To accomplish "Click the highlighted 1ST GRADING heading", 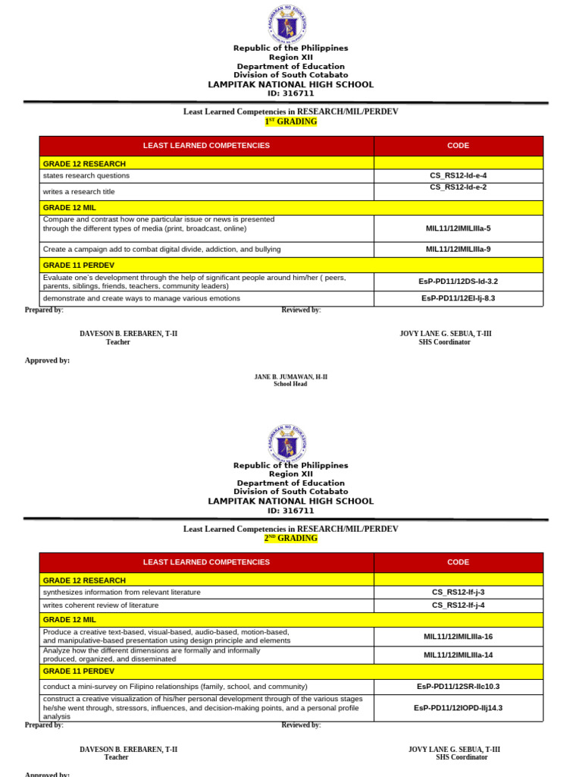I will coord(290,121).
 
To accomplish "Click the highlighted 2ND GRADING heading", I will coord(290,538).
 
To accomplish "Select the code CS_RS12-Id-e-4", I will coord(458,175).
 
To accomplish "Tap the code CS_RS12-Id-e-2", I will coord(458,187).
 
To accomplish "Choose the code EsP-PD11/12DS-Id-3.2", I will coord(458,282).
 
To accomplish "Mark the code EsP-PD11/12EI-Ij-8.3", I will coord(458,298).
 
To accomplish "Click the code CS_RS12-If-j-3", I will coord(458,592).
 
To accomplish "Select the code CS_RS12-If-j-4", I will coord(458,605).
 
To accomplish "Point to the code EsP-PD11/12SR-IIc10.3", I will coord(458,686).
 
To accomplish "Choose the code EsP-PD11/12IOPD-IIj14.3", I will coord(458,707).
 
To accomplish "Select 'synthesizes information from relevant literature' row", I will coord(121,592).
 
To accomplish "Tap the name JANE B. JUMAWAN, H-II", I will coord(290,376).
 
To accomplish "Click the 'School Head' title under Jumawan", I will coord(290,385).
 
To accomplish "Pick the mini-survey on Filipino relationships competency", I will coord(175,686).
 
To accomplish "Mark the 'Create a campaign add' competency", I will coord(161,249).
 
